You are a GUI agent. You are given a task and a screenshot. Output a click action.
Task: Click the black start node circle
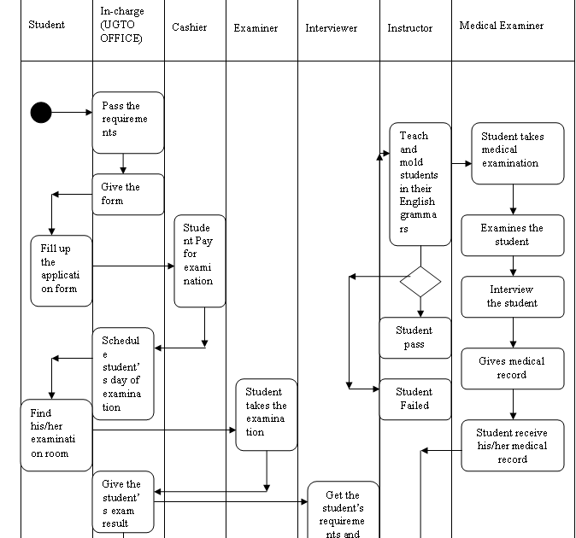[40, 112]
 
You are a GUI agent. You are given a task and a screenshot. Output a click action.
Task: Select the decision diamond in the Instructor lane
[420, 281]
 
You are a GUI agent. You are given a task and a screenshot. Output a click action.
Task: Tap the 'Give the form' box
[127, 194]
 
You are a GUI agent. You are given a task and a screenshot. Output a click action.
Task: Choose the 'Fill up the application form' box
[62, 270]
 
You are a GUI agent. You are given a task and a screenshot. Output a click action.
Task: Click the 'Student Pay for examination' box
[199, 260]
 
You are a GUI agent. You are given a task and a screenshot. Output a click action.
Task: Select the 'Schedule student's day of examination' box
[123, 373]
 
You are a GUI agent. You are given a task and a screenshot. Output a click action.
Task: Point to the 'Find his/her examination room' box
[56, 434]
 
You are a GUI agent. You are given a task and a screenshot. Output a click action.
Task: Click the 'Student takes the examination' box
[266, 414]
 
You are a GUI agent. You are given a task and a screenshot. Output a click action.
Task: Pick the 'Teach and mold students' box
[420, 184]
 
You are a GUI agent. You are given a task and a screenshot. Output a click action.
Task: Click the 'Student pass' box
[414, 337]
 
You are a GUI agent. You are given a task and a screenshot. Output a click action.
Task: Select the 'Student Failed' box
[414, 399]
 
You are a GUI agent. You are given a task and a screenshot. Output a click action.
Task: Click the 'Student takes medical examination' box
[518, 153]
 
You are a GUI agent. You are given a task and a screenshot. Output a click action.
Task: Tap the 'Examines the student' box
[513, 235]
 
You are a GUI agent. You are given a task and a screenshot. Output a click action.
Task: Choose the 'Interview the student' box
[513, 296]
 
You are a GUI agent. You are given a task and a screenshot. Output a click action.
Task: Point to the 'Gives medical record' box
[513, 368]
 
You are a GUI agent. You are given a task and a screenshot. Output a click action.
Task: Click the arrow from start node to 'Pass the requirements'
[72, 112]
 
